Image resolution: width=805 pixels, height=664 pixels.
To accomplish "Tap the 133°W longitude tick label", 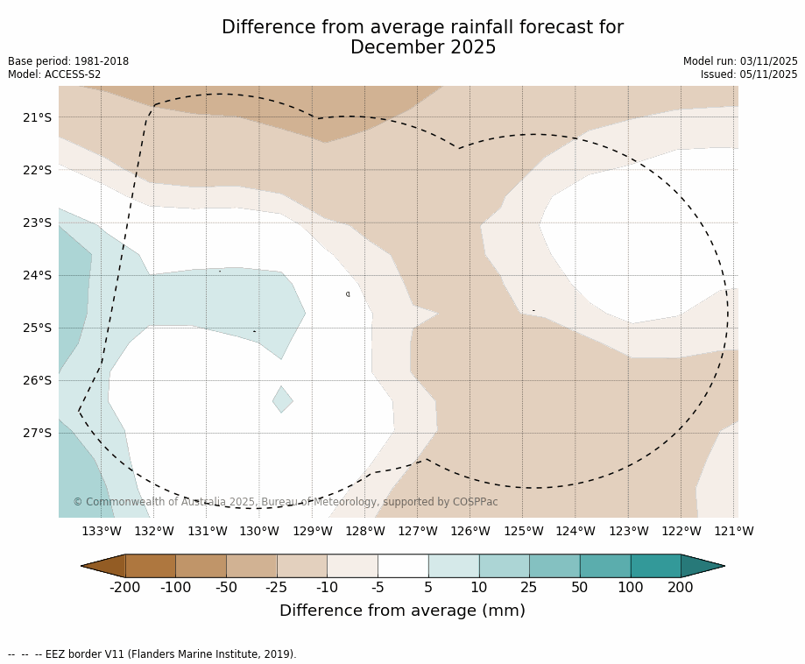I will point(102,531).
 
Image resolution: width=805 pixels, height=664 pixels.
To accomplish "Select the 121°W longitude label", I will point(734,531).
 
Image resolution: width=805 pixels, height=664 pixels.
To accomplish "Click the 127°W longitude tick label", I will point(418,531).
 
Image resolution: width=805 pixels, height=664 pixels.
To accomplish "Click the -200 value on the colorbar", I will point(125,588).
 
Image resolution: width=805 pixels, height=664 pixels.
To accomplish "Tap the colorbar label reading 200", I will point(681,588).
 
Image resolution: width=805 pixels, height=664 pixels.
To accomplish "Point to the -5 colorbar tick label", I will point(378,588).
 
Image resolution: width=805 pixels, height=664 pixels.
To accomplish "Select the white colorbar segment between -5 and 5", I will point(403,566).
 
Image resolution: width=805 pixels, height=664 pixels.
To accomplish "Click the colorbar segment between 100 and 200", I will point(655,566).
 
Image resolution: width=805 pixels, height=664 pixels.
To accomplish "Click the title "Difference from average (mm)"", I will point(402,611).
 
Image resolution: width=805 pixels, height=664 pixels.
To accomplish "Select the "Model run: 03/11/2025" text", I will point(740,61).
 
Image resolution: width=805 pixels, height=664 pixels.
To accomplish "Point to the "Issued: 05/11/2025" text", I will point(749,74).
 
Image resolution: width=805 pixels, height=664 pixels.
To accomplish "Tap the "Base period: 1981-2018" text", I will point(68,61).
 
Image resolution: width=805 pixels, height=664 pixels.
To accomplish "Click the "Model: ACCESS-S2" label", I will point(54,74).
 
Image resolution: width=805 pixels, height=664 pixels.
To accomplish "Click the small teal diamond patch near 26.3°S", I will point(282,399).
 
